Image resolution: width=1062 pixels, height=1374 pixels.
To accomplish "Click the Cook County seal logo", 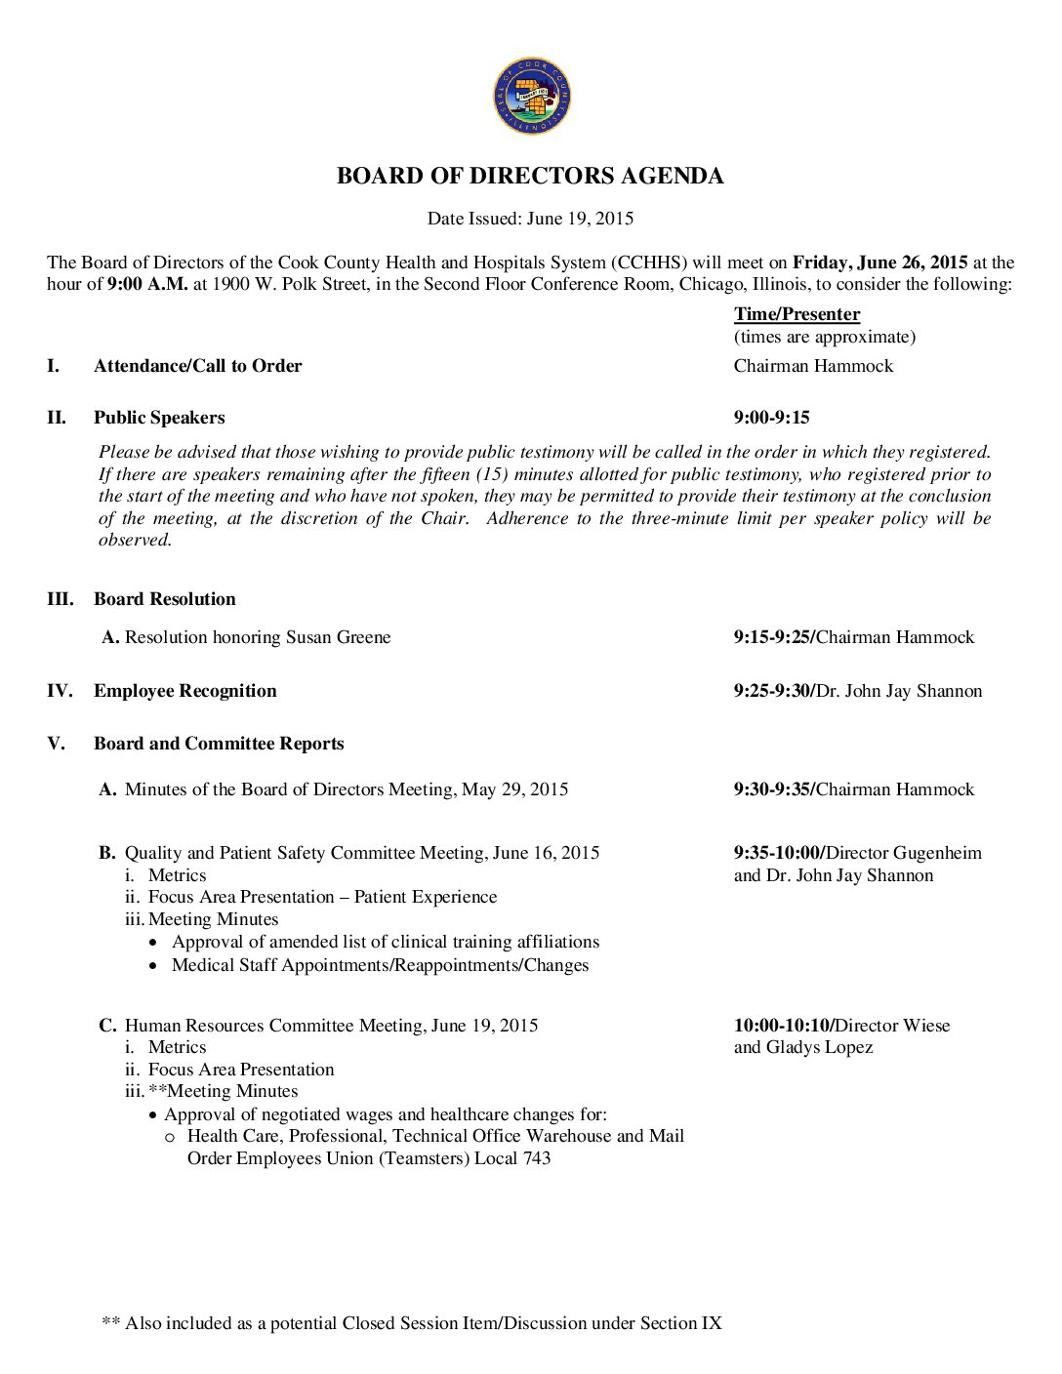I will pyautogui.click(x=531, y=96).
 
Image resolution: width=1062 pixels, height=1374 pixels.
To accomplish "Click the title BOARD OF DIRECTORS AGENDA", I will pyautogui.click(x=530, y=176).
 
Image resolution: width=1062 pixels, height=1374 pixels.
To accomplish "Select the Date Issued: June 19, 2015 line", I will pyautogui.click(x=530, y=219).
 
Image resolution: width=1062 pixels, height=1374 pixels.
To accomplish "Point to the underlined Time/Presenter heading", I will pyautogui.click(x=796, y=314).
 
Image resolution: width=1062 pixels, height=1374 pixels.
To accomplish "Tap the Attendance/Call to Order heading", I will pyautogui.click(x=197, y=366).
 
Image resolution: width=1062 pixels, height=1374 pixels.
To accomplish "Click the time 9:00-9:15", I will pyautogui.click(x=771, y=418).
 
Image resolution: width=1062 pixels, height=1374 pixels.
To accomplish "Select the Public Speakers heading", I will pyautogui.click(x=159, y=418).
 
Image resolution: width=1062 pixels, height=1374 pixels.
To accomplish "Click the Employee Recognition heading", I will pyautogui.click(x=184, y=691).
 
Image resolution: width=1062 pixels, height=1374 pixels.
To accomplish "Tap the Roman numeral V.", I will pyautogui.click(x=56, y=744).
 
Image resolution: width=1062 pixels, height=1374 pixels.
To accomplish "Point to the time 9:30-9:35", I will pyautogui.click(x=772, y=789).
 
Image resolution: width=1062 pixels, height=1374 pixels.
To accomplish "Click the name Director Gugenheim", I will pyautogui.click(x=904, y=853).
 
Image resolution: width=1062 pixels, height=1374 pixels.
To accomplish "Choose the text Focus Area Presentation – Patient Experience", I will pyautogui.click(x=322, y=897).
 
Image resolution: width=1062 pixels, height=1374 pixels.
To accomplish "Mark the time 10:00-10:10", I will pyautogui.click(x=781, y=1026).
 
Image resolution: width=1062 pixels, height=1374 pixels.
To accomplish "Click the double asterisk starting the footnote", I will pyautogui.click(x=110, y=1324).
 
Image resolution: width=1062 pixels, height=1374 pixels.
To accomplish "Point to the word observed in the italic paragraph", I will pyautogui.click(x=135, y=540).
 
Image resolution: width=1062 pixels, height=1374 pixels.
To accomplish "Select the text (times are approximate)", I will pyautogui.click(x=824, y=337).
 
